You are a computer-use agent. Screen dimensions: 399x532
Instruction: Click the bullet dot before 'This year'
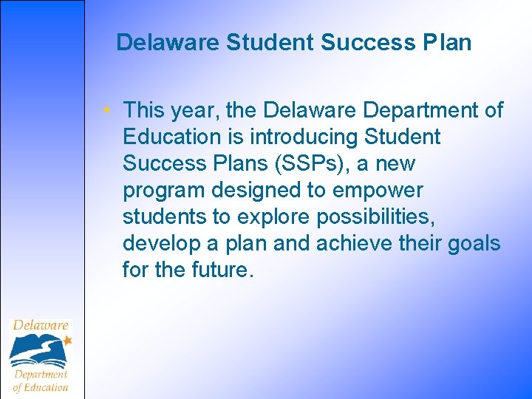(x=108, y=111)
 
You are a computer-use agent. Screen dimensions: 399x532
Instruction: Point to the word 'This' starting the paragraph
(x=145, y=111)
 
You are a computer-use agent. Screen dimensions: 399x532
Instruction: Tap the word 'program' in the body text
(x=164, y=191)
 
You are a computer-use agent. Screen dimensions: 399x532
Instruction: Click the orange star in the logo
(x=67, y=340)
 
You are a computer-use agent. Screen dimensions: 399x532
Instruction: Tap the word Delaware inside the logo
(x=41, y=326)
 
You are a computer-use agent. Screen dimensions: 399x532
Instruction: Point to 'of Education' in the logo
(x=41, y=387)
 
